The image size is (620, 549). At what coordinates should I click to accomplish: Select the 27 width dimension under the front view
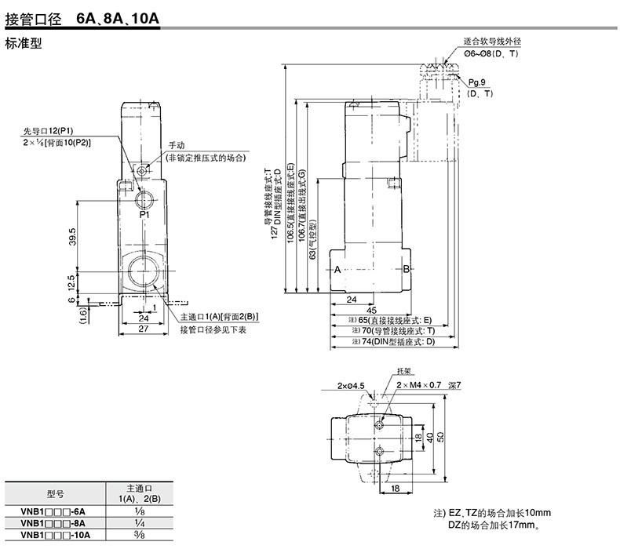144,329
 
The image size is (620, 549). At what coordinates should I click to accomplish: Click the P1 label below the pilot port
144,214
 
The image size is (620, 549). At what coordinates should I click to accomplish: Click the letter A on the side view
337,270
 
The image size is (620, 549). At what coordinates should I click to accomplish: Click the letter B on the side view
407,270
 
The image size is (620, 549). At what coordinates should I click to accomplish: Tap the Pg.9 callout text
477,82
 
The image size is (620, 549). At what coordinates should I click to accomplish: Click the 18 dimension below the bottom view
395,489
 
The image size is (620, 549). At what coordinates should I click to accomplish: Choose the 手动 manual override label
175,146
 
